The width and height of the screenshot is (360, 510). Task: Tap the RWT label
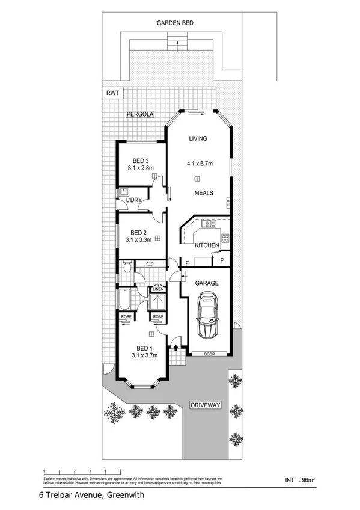112,93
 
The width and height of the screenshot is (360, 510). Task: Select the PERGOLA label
140,114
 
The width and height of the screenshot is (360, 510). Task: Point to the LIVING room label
198,139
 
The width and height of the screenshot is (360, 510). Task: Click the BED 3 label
140,161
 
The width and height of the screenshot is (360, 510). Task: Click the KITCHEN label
206,245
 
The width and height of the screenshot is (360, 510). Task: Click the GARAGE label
206,283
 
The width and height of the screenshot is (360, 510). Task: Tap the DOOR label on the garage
209,354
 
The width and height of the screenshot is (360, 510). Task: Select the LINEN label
157,289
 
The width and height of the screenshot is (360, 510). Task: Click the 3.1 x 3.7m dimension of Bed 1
144,355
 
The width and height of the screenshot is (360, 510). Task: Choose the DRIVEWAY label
206,405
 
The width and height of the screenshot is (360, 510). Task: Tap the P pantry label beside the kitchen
222,260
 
